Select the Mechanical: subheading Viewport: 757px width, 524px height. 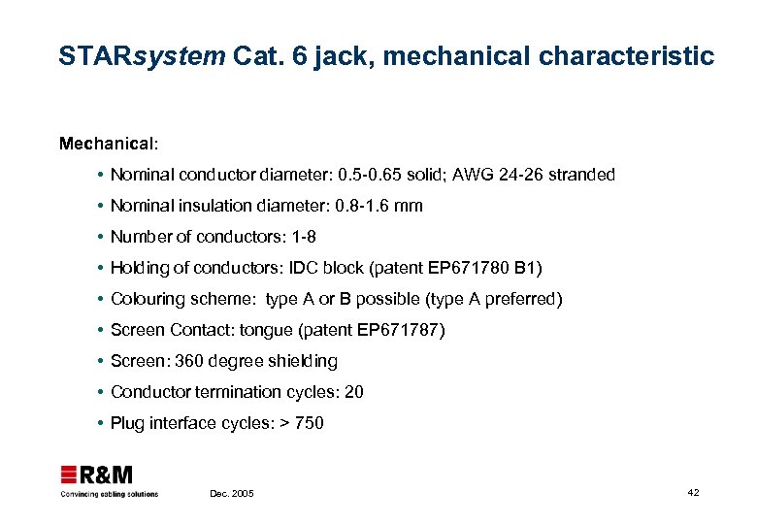point(108,144)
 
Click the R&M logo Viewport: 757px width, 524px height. point(97,475)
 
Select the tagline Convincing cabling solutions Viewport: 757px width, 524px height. point(110,494)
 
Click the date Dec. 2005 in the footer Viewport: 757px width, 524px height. point(232,494)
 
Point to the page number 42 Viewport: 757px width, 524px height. point(692,493)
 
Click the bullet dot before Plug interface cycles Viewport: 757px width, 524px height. point(101,423)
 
